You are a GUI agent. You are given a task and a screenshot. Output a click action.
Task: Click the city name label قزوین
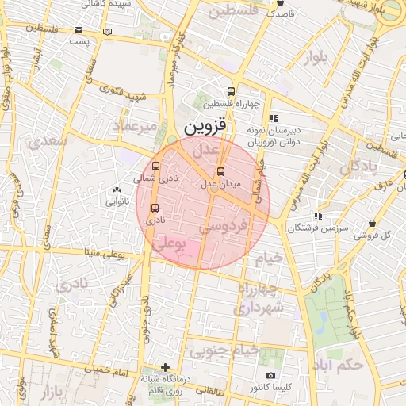pos(205,127)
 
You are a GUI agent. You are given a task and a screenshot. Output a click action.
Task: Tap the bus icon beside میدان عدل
pos(220,171)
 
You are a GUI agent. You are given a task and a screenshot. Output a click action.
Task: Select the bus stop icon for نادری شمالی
pos(155,167)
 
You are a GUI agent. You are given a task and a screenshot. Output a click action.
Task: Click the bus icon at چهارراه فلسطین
pos(231,91)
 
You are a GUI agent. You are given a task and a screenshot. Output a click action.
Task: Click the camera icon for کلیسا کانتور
pos(271,375)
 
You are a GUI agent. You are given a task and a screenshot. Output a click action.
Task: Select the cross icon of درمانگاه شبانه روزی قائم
pos(165,367)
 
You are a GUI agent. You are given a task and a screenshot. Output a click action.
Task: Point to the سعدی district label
pos(47,142)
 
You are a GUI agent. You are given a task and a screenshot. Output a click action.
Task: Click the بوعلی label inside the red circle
pos(167,247)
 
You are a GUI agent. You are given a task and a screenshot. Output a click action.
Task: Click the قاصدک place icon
pos(282,13)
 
